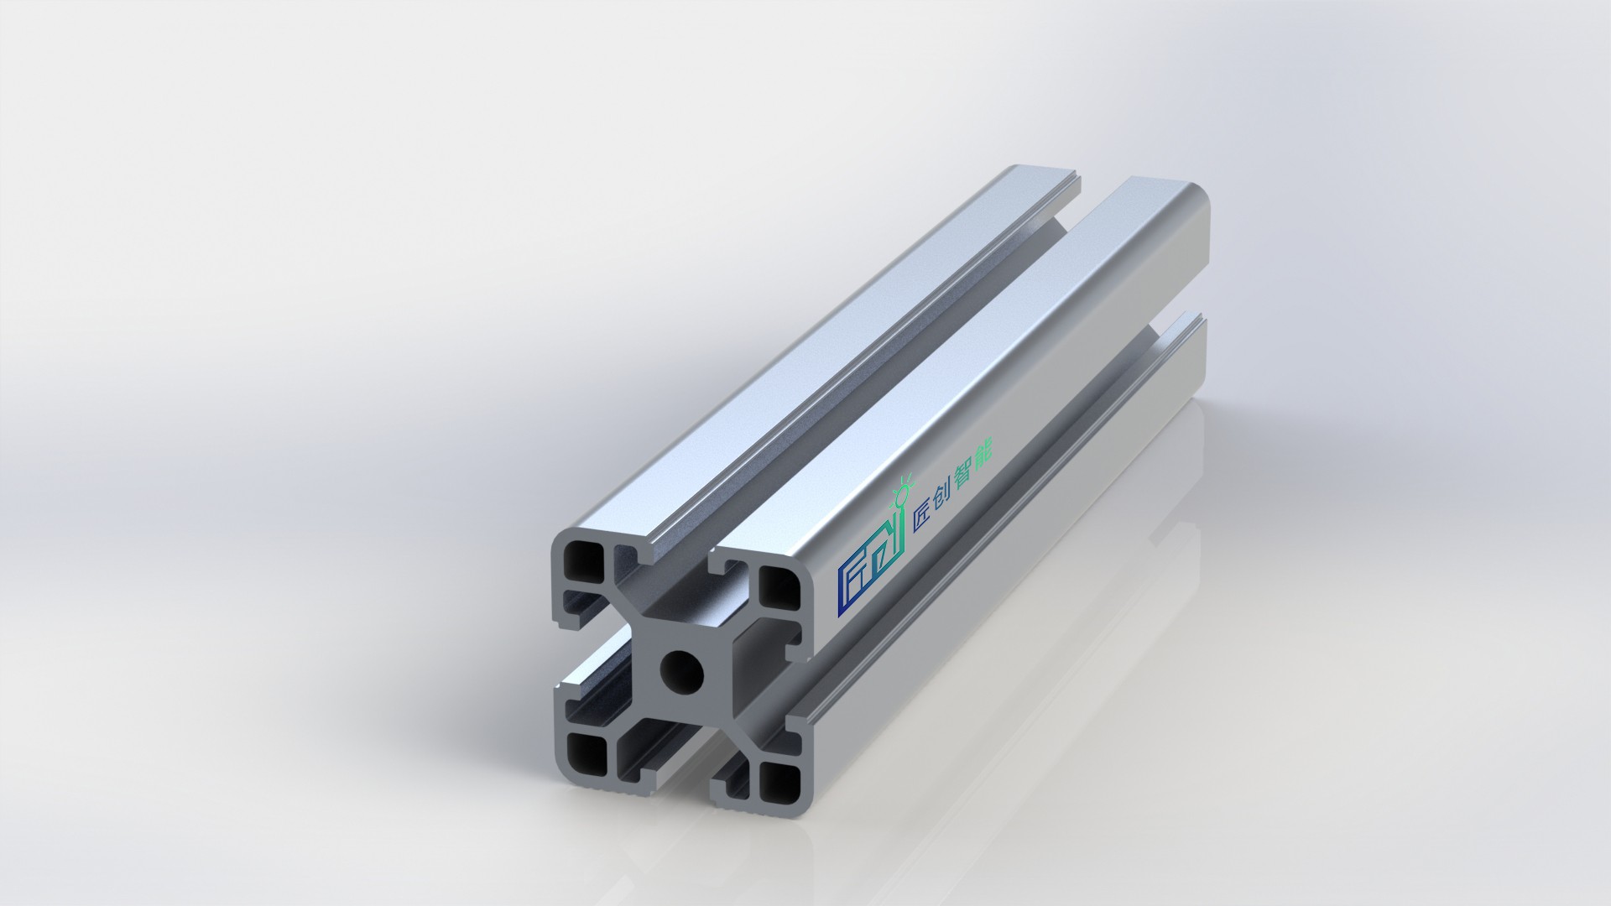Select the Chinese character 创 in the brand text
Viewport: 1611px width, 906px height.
pyautogui.click(x=946, y=496)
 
